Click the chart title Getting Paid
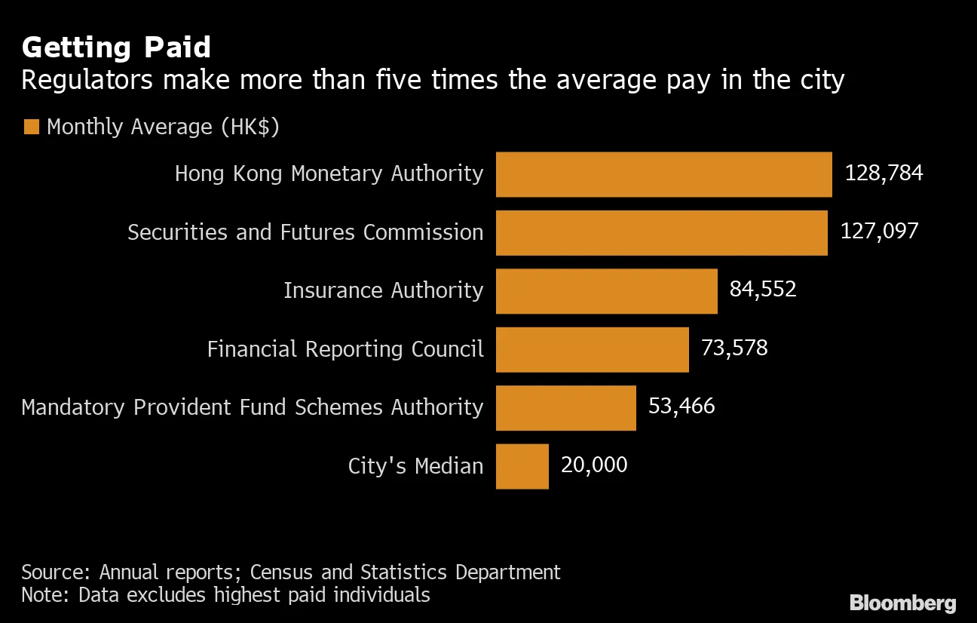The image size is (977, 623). [116, 48]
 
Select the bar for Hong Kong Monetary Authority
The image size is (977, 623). [663, 174]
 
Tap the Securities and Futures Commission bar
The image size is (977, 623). [661, 233]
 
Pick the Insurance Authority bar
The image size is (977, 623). [606, 291]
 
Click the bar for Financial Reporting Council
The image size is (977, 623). [592, 349]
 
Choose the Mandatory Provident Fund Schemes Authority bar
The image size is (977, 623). [565, 408]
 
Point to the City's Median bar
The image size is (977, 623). [522, 466]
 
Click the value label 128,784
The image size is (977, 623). [884, 173]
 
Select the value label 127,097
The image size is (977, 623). [879, 231]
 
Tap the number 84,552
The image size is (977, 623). [762, 290]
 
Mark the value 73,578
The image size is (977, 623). [734, 348]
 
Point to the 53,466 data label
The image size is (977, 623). [681, 407]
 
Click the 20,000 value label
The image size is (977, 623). [593, 465]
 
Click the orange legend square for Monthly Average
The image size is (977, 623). [31, 127]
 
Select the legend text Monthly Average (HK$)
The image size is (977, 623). [163, 127]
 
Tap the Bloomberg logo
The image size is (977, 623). [902, 603]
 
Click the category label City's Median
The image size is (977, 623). [415, 466]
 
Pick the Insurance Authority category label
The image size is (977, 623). [383, 290]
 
